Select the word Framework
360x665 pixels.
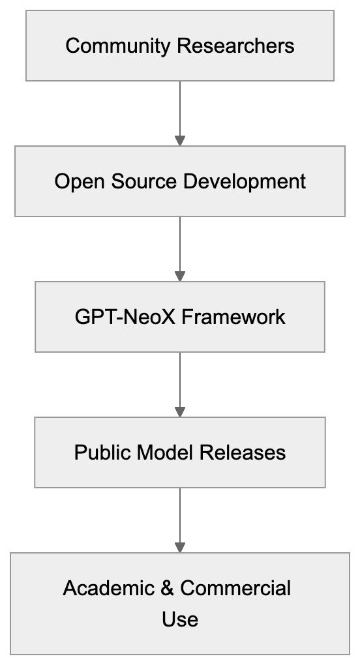pyautogui.click(x=233, y=317)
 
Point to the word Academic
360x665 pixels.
pyautogui.click(x=108, y=588)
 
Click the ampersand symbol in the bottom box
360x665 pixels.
pyautogui.click(x=166, y=588)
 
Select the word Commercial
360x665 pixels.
pyautogui.click(x=235, y=588)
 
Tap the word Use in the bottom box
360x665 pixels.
pyautogui.click(x=180, y=618)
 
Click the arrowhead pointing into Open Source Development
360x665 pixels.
pyautogui.click(x=180, y=141)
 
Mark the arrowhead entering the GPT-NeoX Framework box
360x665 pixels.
pyautogui.click(x=180, y=276)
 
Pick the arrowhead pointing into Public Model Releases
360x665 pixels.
pyautogui.click(x=180, y=412)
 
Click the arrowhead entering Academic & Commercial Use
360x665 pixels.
pyautogui.click(x=180, y=548)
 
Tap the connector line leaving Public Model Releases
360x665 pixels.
pyautogui.click(x=180, y=515)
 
